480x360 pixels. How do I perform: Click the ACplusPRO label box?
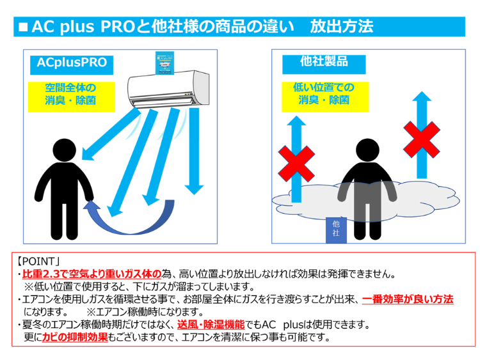pyautogui.click(x=72, y=65)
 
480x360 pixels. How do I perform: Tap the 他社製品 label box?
pyautogui.click(x=324, y=64)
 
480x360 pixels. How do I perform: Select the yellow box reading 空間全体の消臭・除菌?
pyautogui.click(x=71, y=97)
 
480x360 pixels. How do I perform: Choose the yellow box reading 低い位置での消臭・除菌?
pyautogui.click(x=325, y=97)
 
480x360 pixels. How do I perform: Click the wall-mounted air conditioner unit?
pyautogui.click(x=168, y=89)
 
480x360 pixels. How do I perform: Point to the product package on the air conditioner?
pyautogui.click(x=164, y=63)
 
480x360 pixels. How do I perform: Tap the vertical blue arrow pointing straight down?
pyautogui.click(x=194, y=152)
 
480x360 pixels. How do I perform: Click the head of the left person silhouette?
pyautogui.click(x=64, y=150)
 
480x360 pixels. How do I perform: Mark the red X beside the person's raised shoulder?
pyautogui.click(x=296, y=164)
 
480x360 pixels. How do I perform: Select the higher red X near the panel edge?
pyautogui.click(x=422, y=140)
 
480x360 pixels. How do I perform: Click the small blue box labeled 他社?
pyautogui.click(x=336, y=230)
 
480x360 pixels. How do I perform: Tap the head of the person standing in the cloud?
pyautogui.click(x=367, y=150)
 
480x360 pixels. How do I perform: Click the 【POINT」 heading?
pyautogui.click(x=38, y=262)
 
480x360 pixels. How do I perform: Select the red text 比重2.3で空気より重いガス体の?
pyautogui.click(x=92, y=274)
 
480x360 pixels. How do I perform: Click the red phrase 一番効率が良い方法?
pyautogui.click(x=408, y=299)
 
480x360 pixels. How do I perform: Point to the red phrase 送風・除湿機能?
pyautogui.click(x=211, y=325)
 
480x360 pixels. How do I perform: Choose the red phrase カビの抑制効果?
pyautogui.click(x=75, y=337)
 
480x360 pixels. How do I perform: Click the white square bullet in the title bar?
pyautogui.click(x=23, y=27)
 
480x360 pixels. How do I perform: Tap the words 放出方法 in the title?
pyautogui.click(x=342, y=26)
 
